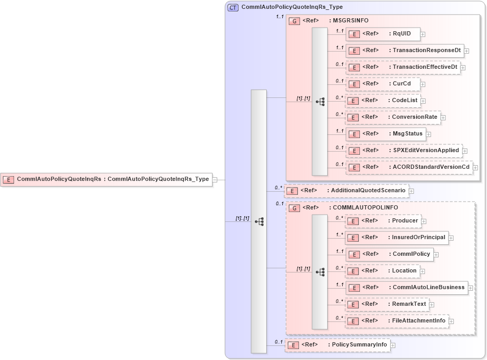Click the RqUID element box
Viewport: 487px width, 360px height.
point(383,34)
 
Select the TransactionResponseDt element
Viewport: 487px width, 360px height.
point(405,51)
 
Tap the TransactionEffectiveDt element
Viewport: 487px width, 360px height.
point(403,67)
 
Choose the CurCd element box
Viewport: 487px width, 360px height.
point(383,84)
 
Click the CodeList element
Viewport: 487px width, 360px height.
point(382,101)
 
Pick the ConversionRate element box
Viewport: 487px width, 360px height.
point(393,117)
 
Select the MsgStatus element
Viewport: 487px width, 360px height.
point(385,134)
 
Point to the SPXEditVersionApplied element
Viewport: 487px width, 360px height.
point(404,151)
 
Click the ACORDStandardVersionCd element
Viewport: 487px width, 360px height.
point(409,167)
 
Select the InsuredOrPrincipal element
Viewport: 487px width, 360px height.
point(396,238)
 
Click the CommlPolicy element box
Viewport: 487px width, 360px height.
point(389,254)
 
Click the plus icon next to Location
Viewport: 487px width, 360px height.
point(423,271)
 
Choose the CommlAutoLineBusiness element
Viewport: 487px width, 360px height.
point(406,288)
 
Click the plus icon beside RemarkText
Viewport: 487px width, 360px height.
point(432,305)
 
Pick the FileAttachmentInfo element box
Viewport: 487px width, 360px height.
point(396,321)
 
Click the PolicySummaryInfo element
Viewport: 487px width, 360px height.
point(337,345)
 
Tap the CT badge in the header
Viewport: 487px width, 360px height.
point(233,8)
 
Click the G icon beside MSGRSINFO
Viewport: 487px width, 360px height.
point(294,21)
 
